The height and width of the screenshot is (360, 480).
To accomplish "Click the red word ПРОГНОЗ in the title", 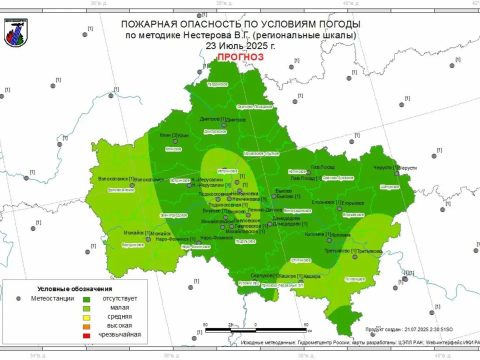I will pyautogui.click(x=240, y=57).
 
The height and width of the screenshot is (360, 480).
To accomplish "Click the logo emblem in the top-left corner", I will pyautogui.click(x=16, y=32).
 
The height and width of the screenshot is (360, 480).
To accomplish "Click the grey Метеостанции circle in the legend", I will pyautogui.click(x=18, y=298).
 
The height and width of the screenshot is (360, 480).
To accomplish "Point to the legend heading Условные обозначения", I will pyautogui.click(x=74, y=289).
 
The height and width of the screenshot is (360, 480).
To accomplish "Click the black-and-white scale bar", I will pyautogui.click(x=255, y=330).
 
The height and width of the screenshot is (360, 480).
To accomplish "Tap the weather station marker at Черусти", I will pyautogui.click(x=396, y=173).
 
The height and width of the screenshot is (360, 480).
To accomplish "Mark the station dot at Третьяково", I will pyautogui.click(x=354, y=256).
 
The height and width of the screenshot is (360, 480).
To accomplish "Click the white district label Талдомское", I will pyautogui.click(x=217, y=84).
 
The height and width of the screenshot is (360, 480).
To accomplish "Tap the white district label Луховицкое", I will pyautogui.click(x=355, y=279).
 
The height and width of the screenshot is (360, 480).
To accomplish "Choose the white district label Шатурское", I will pyautogui.click(x=390, y=186).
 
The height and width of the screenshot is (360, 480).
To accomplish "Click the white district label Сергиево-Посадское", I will pyautogui.click(x=254, y=106).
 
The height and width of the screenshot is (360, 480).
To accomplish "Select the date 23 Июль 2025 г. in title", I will pyautogui.click(x=240, y=45).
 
